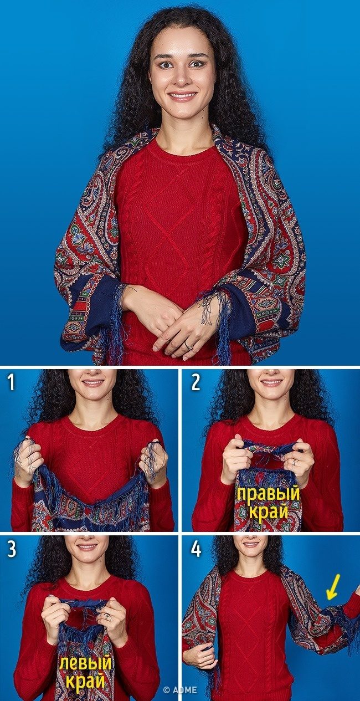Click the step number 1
(11, 382)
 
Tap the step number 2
(196, 382)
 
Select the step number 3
(12, 549)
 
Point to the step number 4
(196, 549)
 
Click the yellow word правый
(268, 494)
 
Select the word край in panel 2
(269, 511)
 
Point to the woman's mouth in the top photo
(182, 95)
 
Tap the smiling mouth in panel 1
(91, 383)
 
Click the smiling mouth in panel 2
(272, 383)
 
